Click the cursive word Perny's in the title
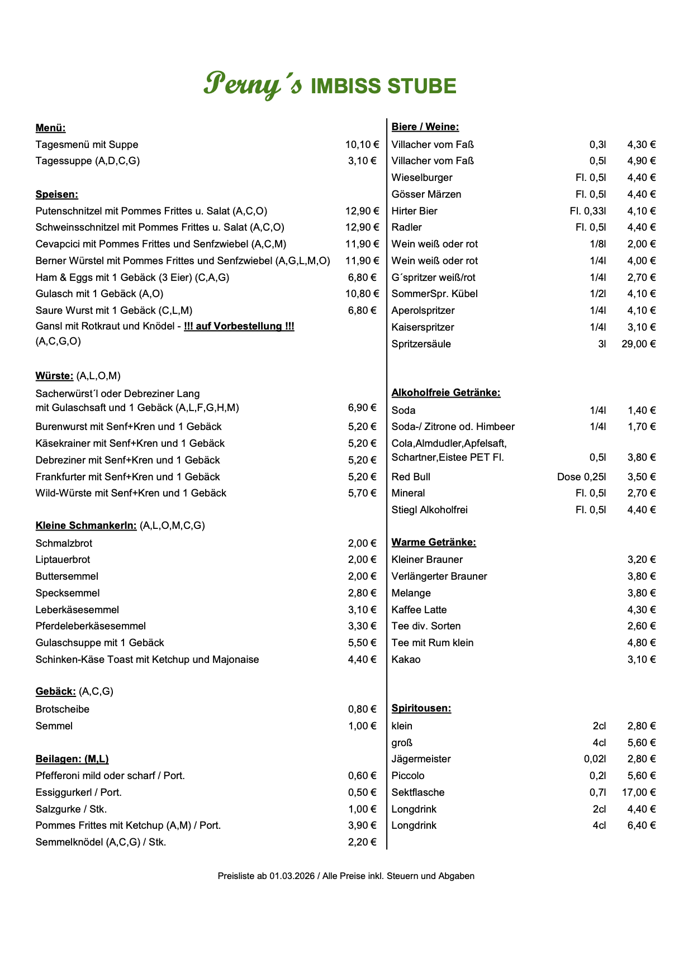click(253, 85)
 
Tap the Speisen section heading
click(56, 194)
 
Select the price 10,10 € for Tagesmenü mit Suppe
click(362, 145)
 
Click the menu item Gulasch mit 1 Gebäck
click(99, 294)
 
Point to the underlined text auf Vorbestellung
click(239, 326)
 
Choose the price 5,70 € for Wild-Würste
click(362, 493)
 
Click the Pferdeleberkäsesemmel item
click(91, 626)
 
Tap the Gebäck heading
click(55, 691)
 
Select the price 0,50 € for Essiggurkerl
click(362, 792)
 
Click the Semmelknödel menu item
click(101, 842)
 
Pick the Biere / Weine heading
click(425, 127)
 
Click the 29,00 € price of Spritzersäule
click(638, 344)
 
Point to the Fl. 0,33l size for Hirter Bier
click(587, 211)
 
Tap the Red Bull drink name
click(411, 477)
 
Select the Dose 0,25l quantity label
click(581, 477)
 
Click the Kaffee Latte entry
click(419, 610)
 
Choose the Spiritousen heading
click(421, 708)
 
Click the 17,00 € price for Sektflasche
click(638, 792)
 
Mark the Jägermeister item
click(421, 759)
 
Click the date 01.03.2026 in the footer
click(292, 876)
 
